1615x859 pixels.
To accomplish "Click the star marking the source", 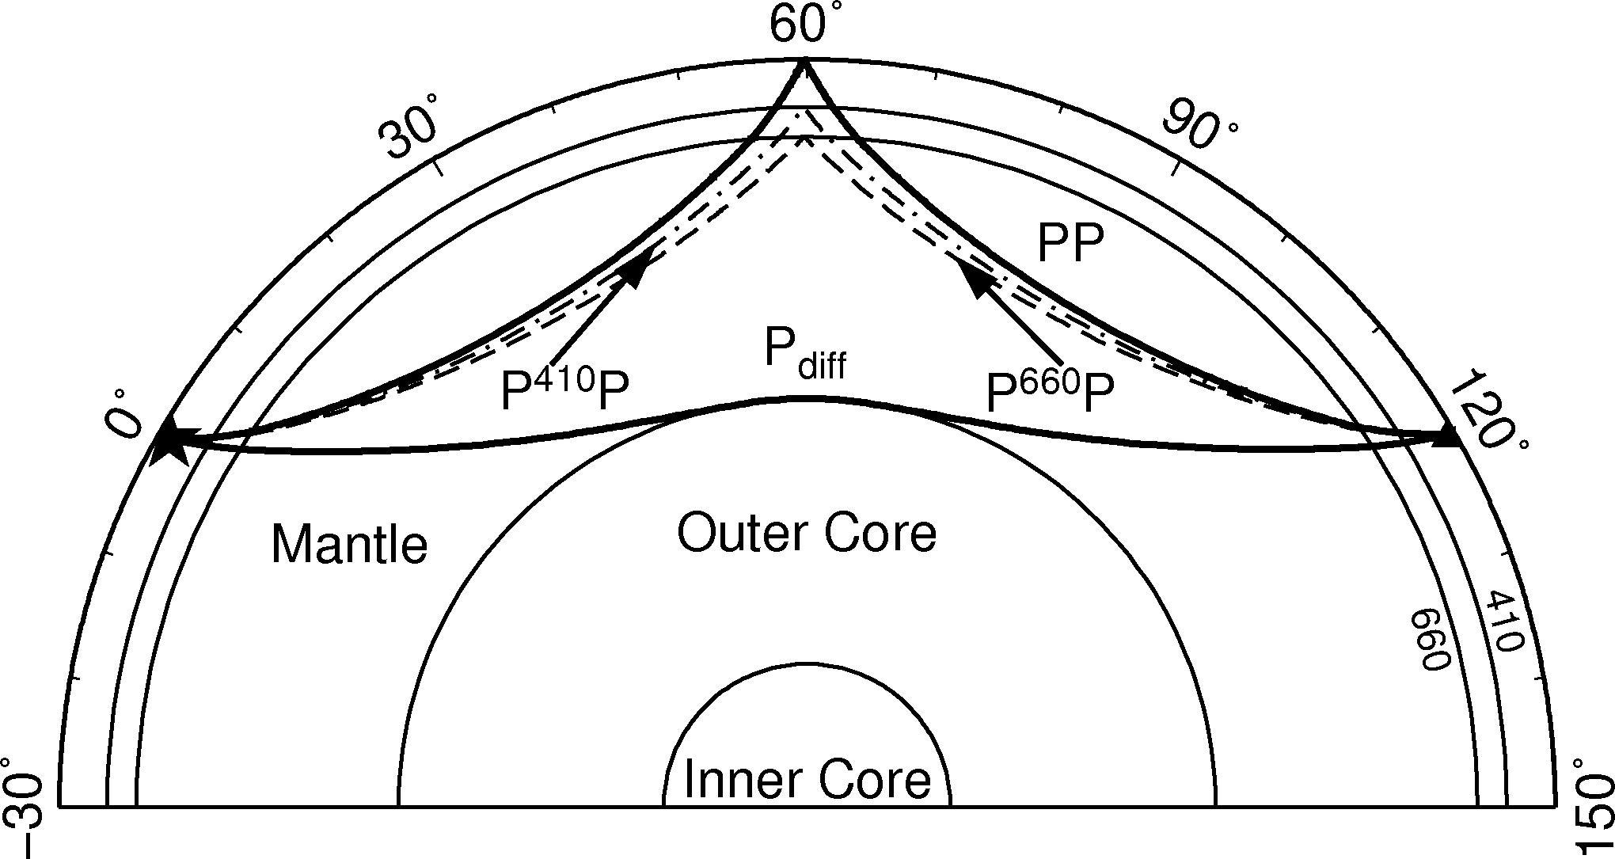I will pyautogui.click(x=169, y=440).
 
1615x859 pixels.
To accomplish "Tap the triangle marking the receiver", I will pyautogui.click(x=1448, y=435).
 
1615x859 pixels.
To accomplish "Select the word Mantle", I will pyautogui.click(x=349, y=545).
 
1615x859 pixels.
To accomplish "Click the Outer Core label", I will pyautogui.click(x=807, y=533).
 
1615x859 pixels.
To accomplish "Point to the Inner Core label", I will pyautogui.click(x=807, y=779).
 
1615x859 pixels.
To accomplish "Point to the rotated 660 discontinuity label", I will pyautogui.click(x=1431, y=639).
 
